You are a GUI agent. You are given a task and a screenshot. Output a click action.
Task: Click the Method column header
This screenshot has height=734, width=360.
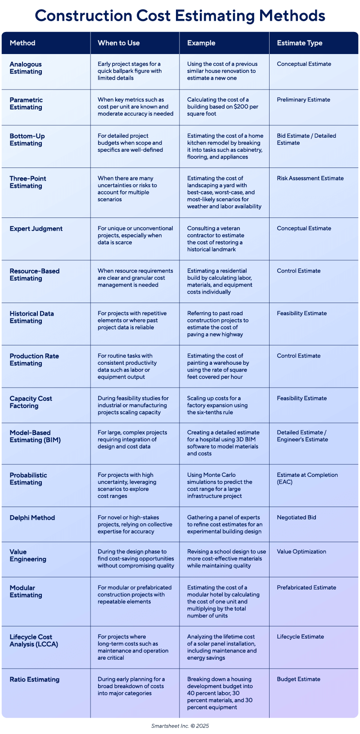point(22,43)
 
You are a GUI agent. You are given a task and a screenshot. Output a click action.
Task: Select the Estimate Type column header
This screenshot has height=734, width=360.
point(299,43)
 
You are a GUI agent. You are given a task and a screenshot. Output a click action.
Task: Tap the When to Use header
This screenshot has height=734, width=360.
point(118,43)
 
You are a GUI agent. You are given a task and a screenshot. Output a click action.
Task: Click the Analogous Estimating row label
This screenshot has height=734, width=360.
point(26,68)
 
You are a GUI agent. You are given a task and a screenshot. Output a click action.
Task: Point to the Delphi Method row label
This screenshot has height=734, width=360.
point(32,518)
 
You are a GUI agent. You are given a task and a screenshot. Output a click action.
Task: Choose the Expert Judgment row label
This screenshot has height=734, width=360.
point(36,229)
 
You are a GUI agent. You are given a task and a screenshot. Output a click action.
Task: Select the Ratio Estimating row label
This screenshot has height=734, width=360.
point(34,680)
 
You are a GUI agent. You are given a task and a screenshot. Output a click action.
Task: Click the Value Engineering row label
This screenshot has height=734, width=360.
point(28,556)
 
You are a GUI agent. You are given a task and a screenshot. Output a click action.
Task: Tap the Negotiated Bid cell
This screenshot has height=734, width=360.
point(296,517)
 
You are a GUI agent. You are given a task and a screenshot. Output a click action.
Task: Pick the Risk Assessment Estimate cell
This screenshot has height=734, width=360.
point(310,178)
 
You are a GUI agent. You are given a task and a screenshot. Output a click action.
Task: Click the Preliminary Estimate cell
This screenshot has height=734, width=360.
point(303,100)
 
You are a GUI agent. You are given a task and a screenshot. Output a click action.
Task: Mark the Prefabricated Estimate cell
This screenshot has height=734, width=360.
point(306,588)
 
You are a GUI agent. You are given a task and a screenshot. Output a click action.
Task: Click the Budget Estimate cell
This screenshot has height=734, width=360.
point(298,679)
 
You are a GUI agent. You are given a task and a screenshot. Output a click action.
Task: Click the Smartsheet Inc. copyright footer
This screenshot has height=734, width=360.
point(180,726)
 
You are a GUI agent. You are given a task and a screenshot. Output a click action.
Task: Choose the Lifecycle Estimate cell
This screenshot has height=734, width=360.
point(300,637)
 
